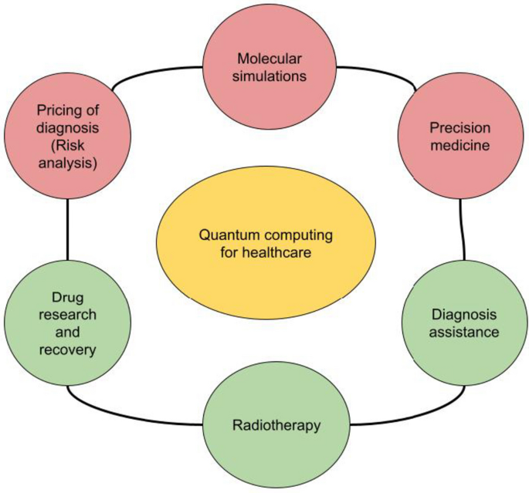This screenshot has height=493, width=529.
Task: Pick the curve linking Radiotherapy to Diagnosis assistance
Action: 378,417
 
